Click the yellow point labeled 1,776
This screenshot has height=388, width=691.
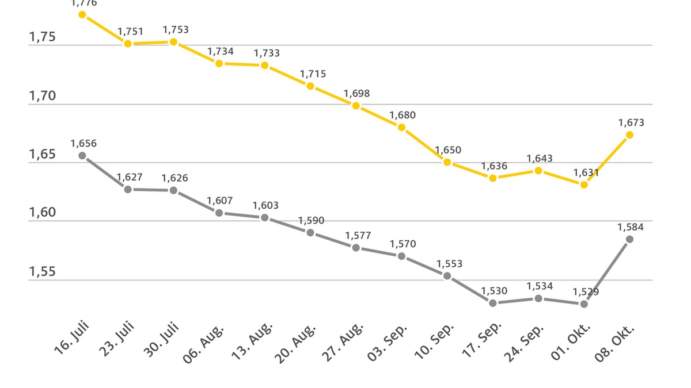[82, 14]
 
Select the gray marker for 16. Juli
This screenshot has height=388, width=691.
[82, 155]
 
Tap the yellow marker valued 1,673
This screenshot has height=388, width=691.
[629, 135]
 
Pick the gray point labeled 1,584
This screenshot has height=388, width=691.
[629, 239]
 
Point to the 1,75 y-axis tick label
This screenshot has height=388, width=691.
[42, 37]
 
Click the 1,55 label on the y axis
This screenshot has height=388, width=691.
[42, 271]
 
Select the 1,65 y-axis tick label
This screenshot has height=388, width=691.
[42, 155]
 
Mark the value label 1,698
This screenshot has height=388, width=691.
[356, 94]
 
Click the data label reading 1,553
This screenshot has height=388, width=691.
[449, 264]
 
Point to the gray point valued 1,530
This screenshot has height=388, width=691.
[493, 303]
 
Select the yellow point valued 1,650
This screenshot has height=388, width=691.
[447, 162]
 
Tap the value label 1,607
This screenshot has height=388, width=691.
[220, 201]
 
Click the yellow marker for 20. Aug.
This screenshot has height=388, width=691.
[310, 86]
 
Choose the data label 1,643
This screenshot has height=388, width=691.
[540, 159]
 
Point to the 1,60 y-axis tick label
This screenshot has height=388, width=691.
[42, 213]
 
